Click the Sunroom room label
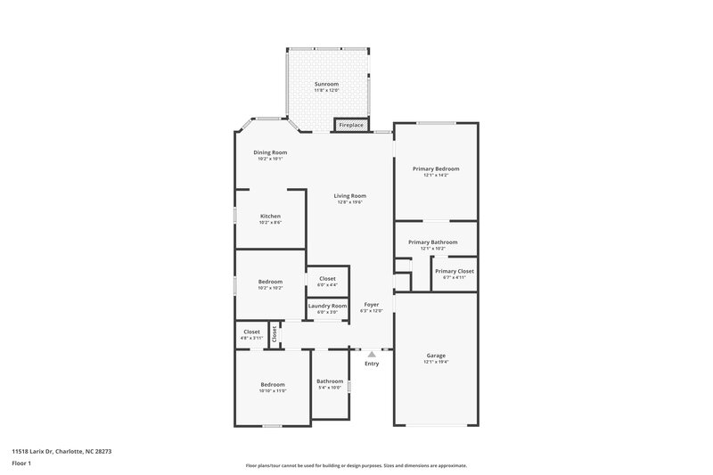(326, 84)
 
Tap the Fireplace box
(351, 125)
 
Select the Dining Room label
(270, 152)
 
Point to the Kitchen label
(270, 216)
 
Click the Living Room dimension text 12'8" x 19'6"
(350, 202)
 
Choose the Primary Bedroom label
(436, 168)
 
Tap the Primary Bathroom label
(433, 242)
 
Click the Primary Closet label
(454, 271)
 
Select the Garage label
(436, 356)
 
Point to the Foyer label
(372, 304)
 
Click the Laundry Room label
(327, 306)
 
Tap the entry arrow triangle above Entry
(372, 354)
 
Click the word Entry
(372, 364)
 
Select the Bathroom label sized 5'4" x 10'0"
(330, 381)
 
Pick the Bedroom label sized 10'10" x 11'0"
(273, 384)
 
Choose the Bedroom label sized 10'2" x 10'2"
(270, 282)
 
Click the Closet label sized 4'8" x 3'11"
(252, 332)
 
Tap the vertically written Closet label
(275, 333)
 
